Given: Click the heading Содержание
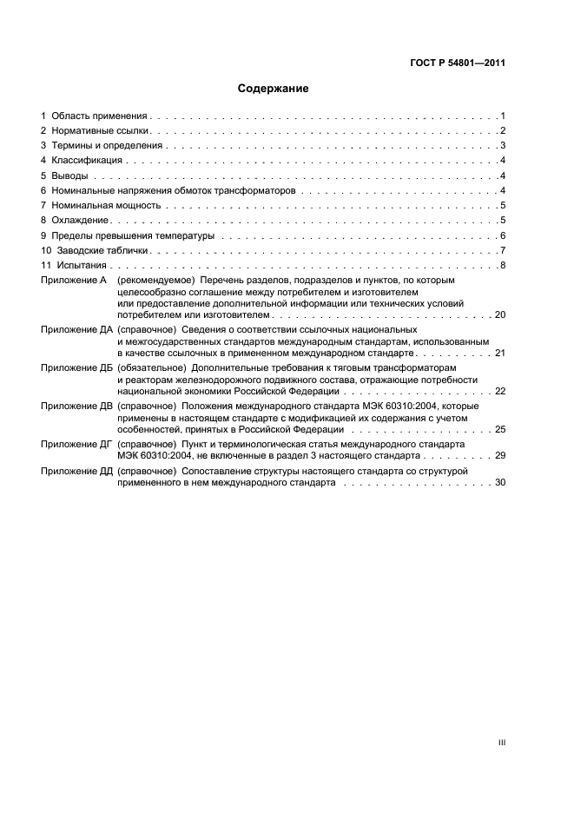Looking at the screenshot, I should (274, 89).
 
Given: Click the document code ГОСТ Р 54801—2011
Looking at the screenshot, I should (459, 63).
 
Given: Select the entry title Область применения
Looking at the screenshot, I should (99, 116).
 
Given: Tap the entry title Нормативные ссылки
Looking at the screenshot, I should (101, 130).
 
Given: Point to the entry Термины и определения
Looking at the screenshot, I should (107, 146).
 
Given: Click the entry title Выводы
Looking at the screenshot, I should (69, 175).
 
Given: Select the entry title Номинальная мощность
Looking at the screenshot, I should (106, 206).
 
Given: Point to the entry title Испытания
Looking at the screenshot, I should (83, 266).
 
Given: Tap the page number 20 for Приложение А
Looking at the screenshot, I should (499, 314).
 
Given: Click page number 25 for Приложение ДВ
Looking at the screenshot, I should (499, 428).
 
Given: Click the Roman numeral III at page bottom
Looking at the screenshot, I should (501, 718).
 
